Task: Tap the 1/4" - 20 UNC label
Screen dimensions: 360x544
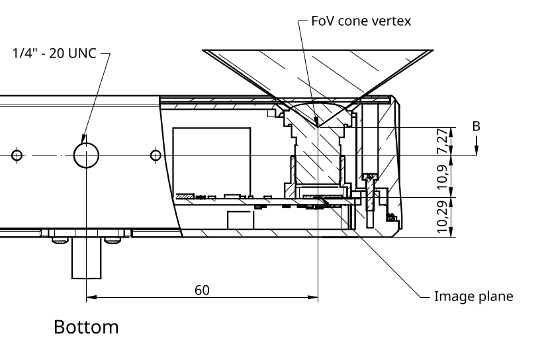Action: (x=54, y=54)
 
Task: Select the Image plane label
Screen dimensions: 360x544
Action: (x=473, y=296)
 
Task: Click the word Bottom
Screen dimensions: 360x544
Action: (x=86, y=327)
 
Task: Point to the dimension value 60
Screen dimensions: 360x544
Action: (x=202, y=290)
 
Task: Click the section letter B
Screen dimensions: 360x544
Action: (x=475, y=126)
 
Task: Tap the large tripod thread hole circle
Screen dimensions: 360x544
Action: (x=86, y=156)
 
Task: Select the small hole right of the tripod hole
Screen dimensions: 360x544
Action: (x=156, y=156)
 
